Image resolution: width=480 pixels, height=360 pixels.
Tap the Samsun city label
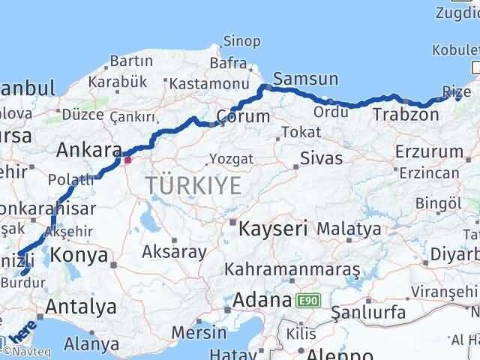tap(306, 79)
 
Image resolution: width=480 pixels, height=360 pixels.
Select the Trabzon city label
tap(406, 115)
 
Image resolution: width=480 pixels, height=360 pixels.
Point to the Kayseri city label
tap(273, 228)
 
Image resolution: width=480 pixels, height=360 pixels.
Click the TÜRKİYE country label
tap(193, 184)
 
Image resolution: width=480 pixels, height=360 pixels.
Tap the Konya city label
tap(79, 256)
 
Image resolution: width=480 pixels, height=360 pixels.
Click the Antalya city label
tap(81, 307)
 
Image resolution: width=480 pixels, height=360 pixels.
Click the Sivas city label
tap(321, 158)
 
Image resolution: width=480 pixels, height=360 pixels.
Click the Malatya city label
tap(349, 228)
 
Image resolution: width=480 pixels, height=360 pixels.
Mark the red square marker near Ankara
tap(127, 159)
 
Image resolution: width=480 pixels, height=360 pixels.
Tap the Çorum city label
tap(242, 117)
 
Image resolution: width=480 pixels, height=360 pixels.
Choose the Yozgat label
tap(231, 159)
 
